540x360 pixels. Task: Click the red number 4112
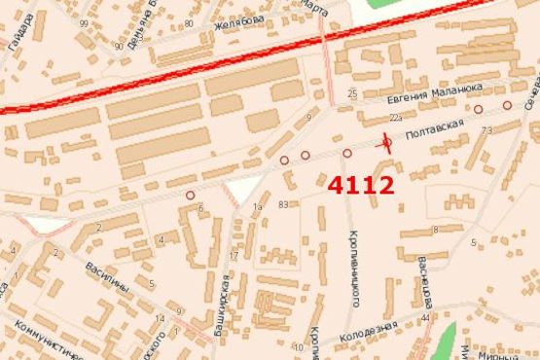tap(361, 185)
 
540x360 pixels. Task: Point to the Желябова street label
tap(239, 19)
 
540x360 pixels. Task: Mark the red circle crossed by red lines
tap(387, 144)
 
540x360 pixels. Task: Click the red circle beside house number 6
tap(190, 195)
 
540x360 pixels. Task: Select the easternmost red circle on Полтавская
tap(507, 104)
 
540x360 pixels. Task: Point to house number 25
tap(352, 93)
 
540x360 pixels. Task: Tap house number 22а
tap(395, 117)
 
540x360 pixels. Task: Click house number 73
tap(486, 129)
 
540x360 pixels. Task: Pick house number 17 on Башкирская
tap(233, 256)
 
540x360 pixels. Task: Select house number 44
tap(426, 318)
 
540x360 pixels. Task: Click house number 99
tap(85, 22)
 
